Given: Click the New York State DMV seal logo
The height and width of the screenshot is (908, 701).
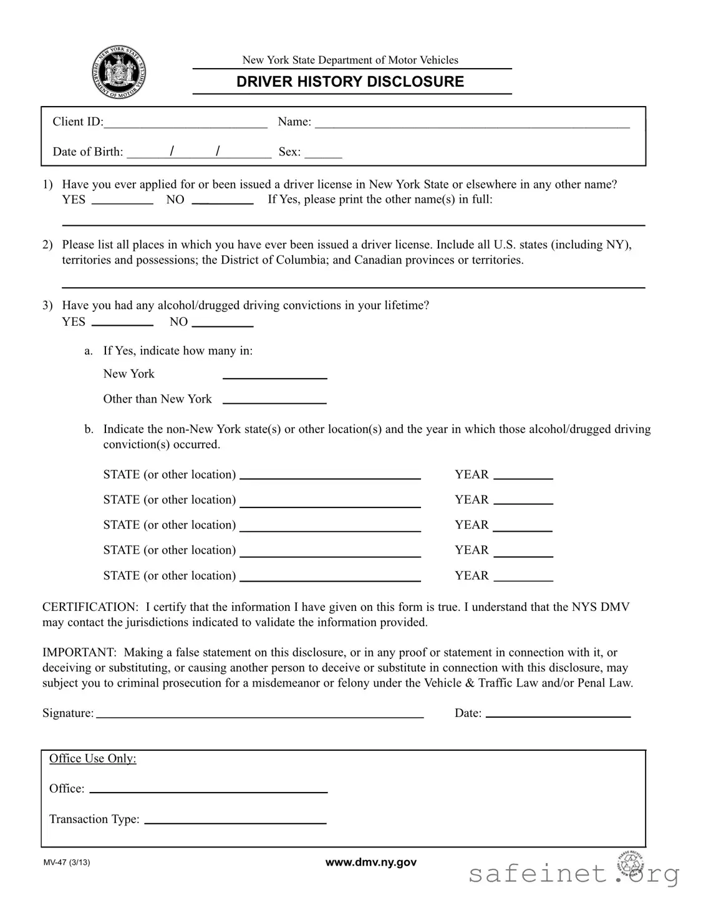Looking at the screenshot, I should click(x=119, y=72).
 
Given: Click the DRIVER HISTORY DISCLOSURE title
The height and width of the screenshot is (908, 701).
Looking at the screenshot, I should click(x=350, y=82).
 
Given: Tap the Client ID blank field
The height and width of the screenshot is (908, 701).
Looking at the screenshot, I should click(x=185, y=122).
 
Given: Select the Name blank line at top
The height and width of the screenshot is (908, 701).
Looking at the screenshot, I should click(x=472, y=122).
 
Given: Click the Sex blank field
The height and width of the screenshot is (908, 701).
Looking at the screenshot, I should click(x=323, y=152).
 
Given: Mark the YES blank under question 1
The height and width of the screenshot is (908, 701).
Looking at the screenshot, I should click(x=122, y=200).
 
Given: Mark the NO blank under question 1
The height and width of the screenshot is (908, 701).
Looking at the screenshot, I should click(x=223, y=200).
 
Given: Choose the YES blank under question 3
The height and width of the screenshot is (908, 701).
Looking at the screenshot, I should click(x=122, y=323).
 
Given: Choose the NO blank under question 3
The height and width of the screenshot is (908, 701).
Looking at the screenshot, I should click(x=223, y=323).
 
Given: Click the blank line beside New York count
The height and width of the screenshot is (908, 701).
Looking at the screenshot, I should click(x=275, y=375).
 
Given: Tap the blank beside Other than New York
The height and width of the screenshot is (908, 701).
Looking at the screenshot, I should click(x=275, y=400).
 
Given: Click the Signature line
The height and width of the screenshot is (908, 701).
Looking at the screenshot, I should click(x=260, y=714).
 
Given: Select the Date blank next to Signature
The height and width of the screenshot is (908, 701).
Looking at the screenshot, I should click(x=558, y=714).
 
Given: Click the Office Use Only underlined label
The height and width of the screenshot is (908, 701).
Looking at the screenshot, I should click(x=93, y=759).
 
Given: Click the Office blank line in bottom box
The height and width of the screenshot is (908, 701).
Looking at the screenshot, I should click(x=208, y=789).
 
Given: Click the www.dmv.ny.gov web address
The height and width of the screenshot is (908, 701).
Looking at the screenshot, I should click(x=371, y=862).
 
